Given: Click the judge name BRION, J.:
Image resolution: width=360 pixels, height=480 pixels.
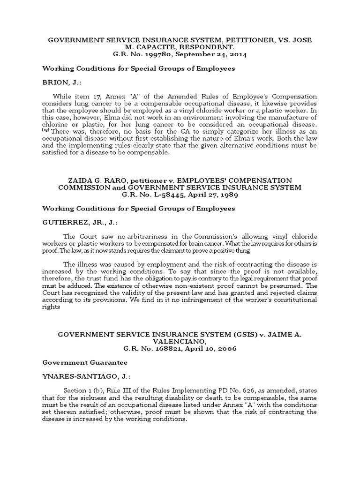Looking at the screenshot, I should click(58, 82).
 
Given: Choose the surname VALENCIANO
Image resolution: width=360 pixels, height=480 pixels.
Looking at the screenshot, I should click(180, 342).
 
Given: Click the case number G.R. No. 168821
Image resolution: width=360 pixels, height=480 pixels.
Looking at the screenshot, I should click(151, 349).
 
